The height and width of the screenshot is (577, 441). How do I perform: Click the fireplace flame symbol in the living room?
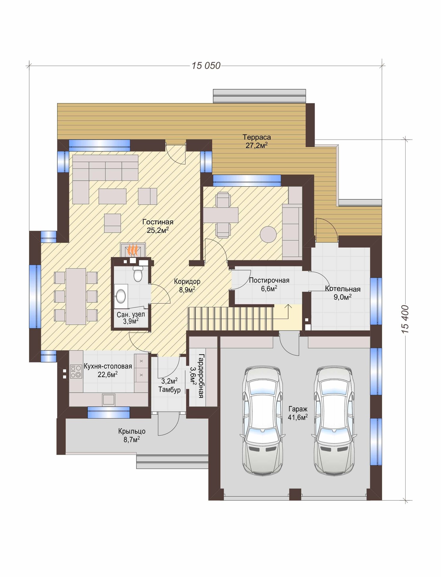click(x=133, y=250)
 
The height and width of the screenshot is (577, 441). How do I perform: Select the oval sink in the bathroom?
click(x=121, y=296)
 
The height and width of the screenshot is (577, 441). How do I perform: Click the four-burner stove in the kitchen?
click(x=76, y=371)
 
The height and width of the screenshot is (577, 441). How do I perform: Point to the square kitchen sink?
click(x=109, y=399)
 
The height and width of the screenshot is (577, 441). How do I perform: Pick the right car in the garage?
click(x=334, y=420)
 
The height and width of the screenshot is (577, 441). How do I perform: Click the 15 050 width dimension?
click(x=206, y=66)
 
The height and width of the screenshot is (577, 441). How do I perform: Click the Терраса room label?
click(x=257, y=137)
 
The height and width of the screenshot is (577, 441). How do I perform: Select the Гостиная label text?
click(x=158, y=222)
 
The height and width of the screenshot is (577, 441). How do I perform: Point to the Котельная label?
click(x=343, y=289)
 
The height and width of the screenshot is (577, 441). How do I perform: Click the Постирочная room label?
click(x=269, y=280)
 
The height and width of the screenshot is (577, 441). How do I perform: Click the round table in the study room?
click(x=268, y=234)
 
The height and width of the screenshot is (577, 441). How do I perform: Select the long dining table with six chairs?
click(x=76, y=296)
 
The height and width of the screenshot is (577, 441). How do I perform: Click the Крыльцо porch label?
click(x=132, y=431)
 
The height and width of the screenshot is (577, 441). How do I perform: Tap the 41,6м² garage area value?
click(x=298, y=417)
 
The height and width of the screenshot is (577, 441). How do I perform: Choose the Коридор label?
click(x=187, y=282)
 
